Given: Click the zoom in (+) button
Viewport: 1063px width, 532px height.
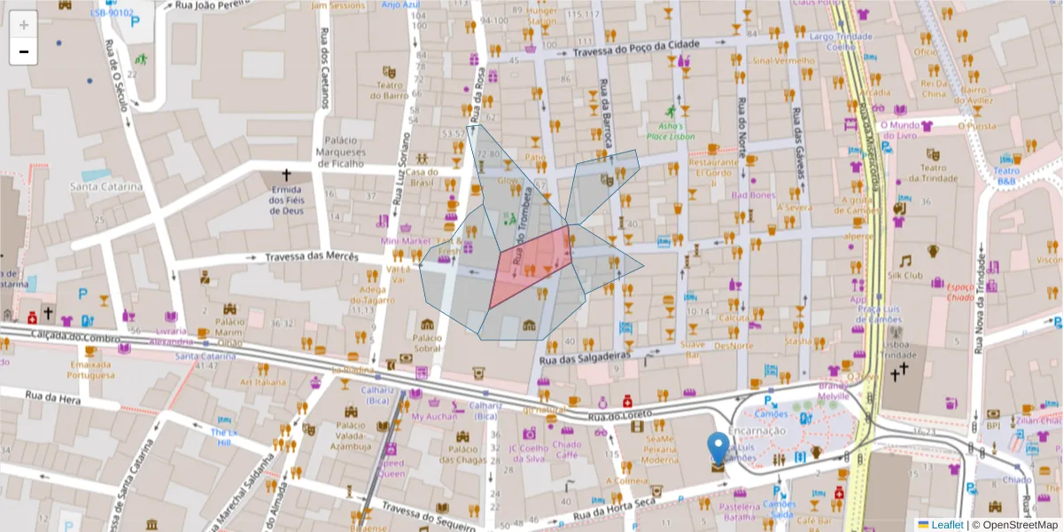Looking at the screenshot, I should (24, 24).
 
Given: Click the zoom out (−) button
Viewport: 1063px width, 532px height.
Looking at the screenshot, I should (24, 51).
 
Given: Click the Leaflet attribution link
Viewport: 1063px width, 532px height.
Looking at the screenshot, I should (946, 525).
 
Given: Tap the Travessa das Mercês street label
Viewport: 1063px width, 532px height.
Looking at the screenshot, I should (311, 257).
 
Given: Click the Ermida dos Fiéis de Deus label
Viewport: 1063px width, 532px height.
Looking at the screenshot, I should (286, 199).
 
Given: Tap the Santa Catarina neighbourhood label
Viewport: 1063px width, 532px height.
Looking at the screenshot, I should (106, 186).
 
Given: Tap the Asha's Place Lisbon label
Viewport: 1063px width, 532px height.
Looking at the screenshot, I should (671, 130).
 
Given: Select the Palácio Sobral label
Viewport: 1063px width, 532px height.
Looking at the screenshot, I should (426, 343).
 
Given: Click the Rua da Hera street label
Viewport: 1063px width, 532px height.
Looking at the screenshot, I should (53, 396).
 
